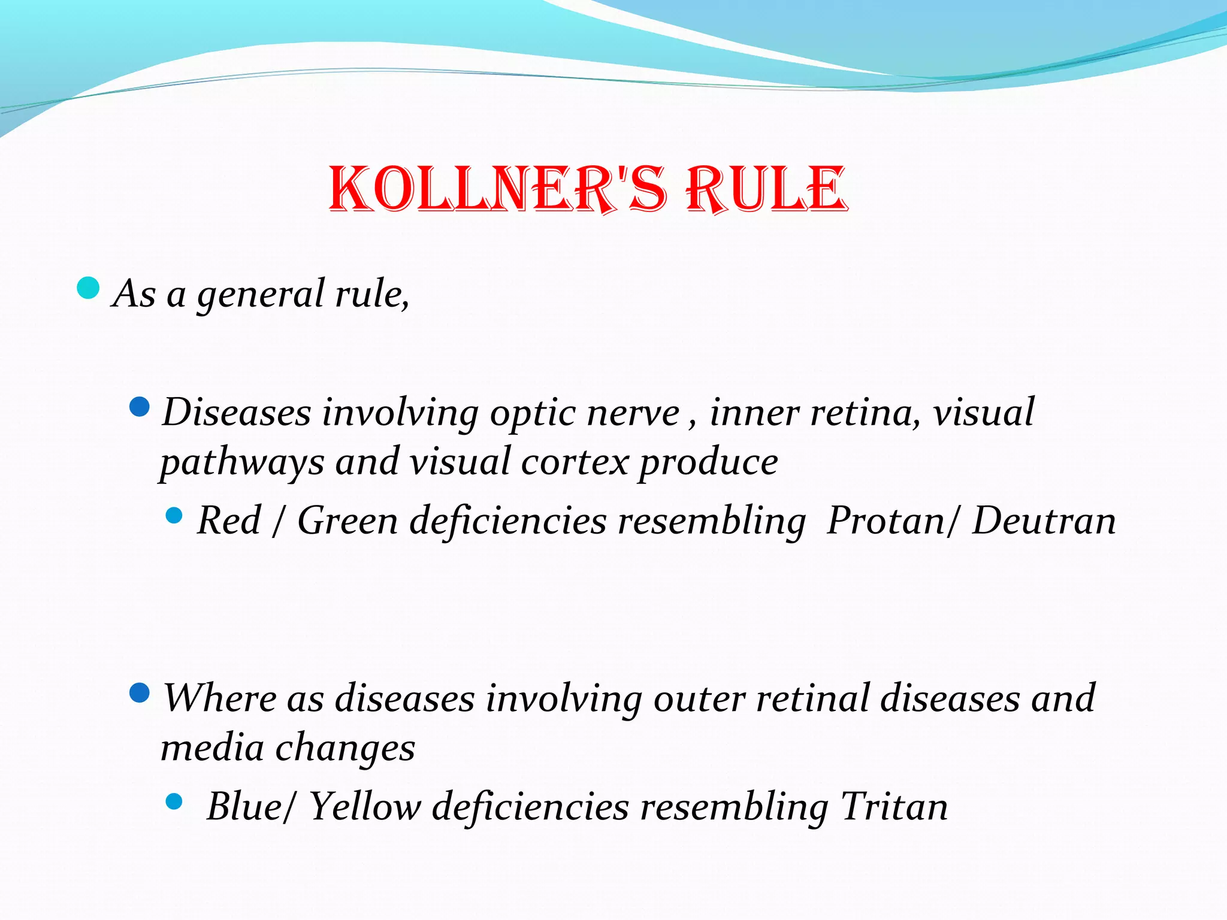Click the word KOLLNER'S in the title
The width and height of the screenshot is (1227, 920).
click(x=497, y=189)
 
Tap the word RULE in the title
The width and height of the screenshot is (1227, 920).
click(x=767, y=189)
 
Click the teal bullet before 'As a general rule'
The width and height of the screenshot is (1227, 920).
click(x=88, y=288)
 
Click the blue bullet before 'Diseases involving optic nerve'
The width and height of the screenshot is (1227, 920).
click(x=139, y=407)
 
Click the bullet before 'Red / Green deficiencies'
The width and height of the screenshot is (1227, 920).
click(x=174, y=515)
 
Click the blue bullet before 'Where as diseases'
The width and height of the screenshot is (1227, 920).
click(x=139, y=693)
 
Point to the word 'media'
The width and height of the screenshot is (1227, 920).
click(x=212, y=748)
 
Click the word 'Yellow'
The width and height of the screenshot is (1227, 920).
click(x=365, y=806)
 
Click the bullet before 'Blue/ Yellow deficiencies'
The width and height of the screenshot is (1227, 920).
click(x=174, y=801)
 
